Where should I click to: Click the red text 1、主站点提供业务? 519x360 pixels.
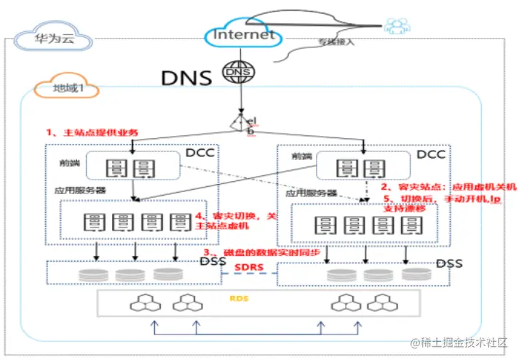tap(92, 132)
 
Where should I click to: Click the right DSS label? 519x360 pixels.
tap(449, 263)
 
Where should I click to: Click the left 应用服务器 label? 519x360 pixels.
tap(80, 191)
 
